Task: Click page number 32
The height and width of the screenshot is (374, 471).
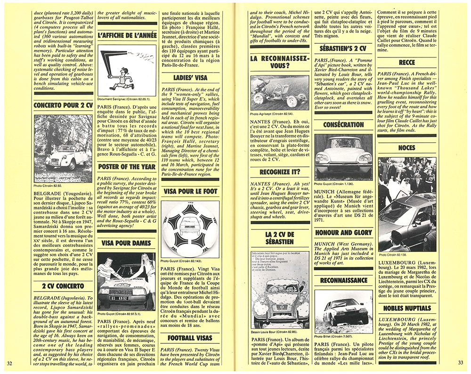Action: click(10, 362)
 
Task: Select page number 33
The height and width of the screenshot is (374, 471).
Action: click(461, 362)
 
